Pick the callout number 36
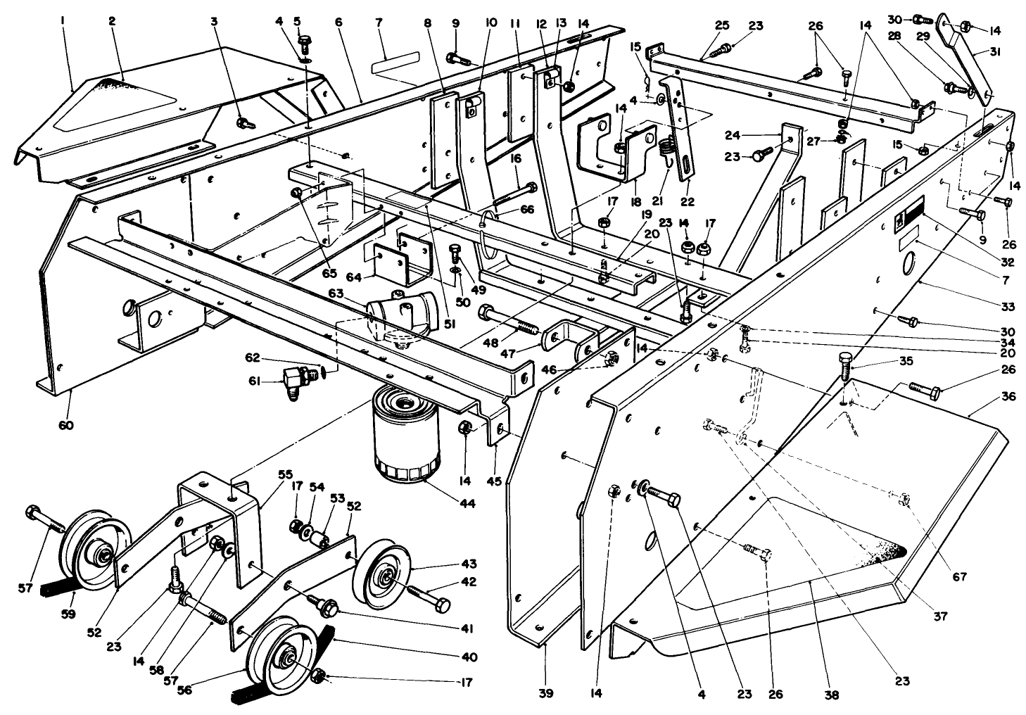click(1008, 397)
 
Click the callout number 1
click(63, 22)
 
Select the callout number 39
click(546, 693)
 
